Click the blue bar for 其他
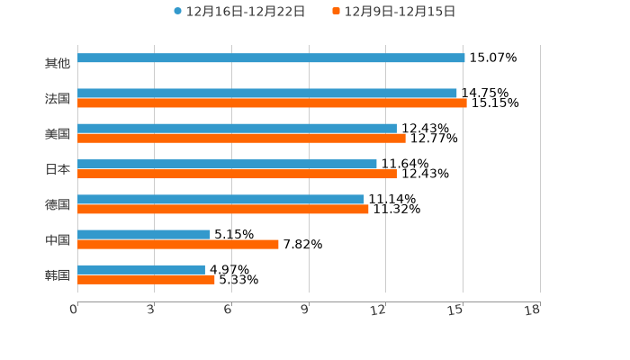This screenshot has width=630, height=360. tap(271, 58)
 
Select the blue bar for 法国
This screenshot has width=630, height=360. tap(267, 94)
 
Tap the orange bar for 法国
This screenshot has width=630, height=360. tap(272, 103)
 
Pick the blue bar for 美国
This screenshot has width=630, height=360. tap(237, 129)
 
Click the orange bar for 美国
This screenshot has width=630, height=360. tap(241, 139)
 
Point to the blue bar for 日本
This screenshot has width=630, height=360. tap(227, 164)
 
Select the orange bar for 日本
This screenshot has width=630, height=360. tap(237, 174)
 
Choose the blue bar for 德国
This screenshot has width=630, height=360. tap(220, 199)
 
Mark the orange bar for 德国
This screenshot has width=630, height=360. tap(223, 209)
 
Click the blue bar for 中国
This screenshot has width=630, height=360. tap(144, 235)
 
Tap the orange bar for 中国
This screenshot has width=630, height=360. tap(178, 245)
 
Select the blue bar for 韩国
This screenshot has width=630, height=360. tap(141, 270)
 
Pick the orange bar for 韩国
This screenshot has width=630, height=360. tap(146, 280)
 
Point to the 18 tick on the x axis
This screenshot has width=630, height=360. tap(533, 310)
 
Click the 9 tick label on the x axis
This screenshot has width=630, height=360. tap(305, 310)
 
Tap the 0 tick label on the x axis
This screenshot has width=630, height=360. tap(74, 310)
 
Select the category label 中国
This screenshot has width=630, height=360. tap(58, 240)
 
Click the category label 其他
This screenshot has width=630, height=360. tap(58, 64)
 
